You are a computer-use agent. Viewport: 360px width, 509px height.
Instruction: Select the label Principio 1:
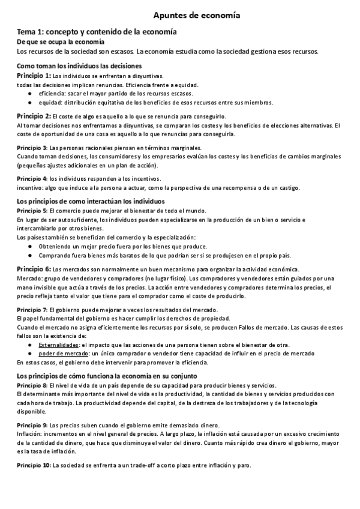point(34,76)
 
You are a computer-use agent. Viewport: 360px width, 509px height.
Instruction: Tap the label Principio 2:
point(34,116)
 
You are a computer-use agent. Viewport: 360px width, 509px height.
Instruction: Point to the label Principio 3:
point(32,147)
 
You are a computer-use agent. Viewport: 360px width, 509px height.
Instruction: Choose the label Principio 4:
point(32,179)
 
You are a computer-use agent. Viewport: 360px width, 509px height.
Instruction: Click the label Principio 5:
point(32,211)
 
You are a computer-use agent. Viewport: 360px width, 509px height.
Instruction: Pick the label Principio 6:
point(34,268)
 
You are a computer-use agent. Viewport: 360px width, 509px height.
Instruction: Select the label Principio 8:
point(32,384)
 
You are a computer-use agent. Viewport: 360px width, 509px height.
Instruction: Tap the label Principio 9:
point(32,424)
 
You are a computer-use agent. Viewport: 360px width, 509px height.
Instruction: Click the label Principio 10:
point(34,465)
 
